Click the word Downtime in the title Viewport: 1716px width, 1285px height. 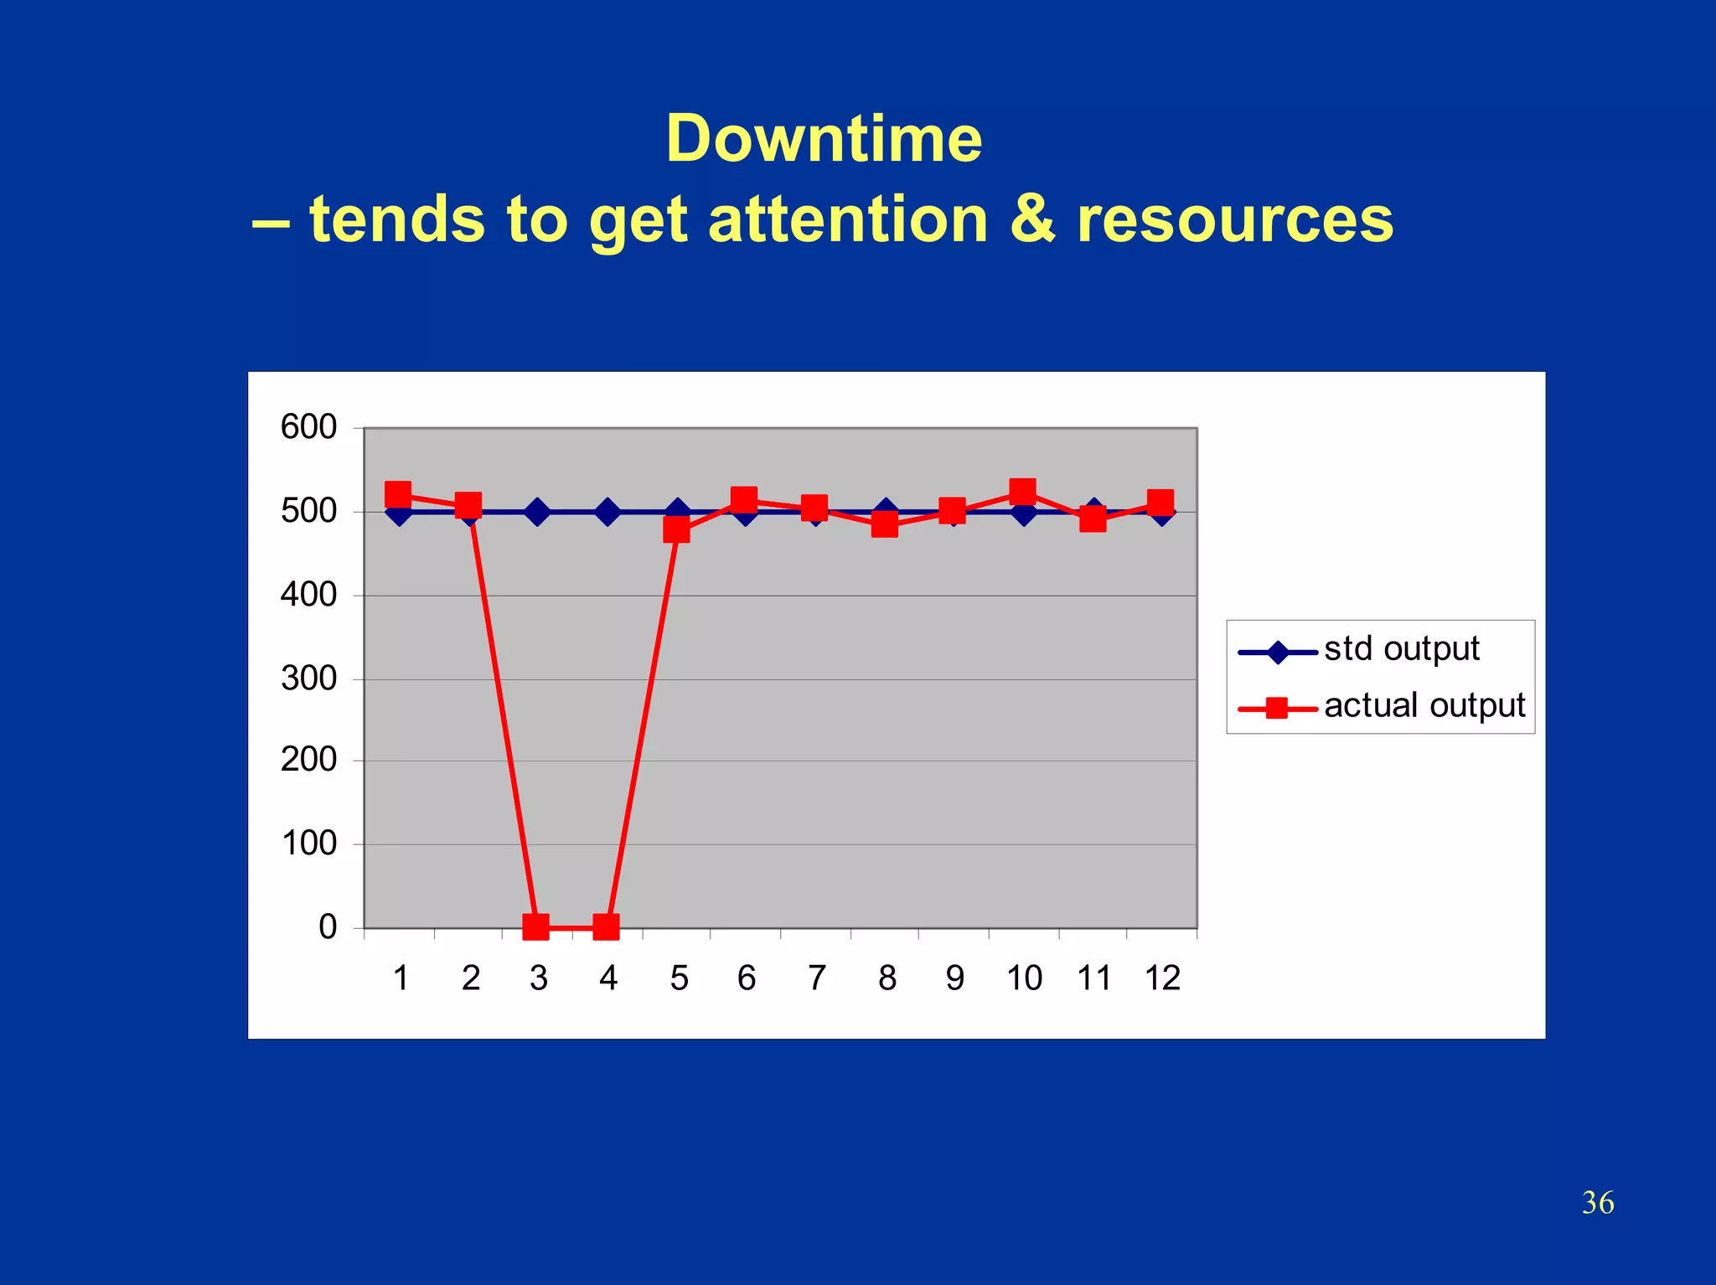(x=824, y=139)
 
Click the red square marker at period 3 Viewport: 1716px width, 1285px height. (x=535, y=927)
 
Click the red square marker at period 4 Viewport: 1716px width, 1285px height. (x=606, y=927)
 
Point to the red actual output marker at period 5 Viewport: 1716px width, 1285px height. (x=676, y=529)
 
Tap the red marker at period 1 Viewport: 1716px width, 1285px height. (x=398, y=494)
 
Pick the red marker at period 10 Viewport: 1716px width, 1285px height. (x=1022, y=491)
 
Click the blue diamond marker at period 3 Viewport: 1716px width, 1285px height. (x=537, y=512)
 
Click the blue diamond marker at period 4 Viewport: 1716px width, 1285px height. (x=607, y=512)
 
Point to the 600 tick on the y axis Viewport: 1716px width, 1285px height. (x=308, y=427)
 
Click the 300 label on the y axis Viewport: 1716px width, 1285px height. (x=308, y=679)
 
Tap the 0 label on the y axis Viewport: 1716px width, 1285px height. (x=328, y=927)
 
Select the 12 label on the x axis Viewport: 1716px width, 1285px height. (x=1162, y=978)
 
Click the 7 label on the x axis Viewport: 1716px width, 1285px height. (x=816, y=978)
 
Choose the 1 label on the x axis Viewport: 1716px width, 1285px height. (x=401, y=978)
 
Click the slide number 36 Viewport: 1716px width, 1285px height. (x=1597, y=1203)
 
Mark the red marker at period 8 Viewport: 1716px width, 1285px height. (x=885, y=525)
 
